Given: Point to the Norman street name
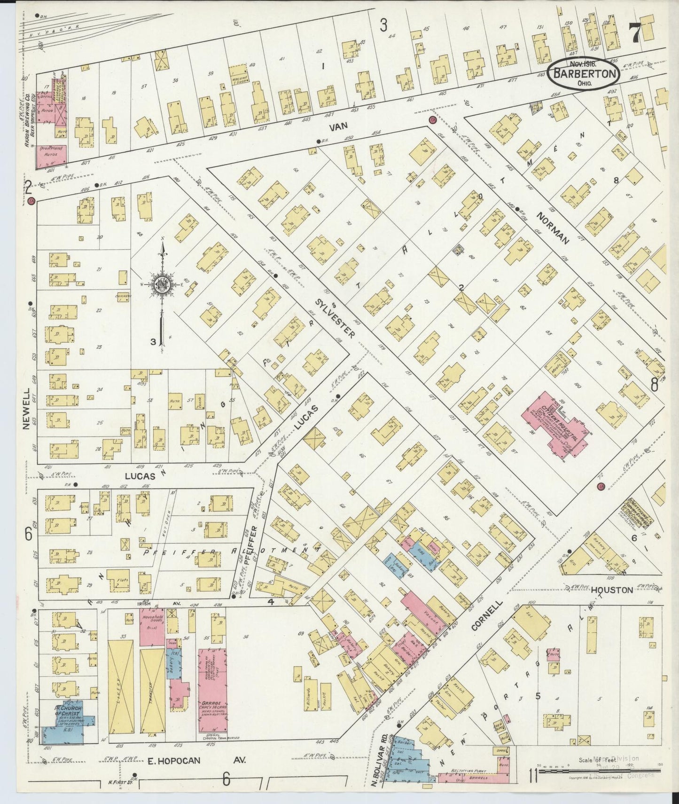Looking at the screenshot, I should click(x=553, y=229).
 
